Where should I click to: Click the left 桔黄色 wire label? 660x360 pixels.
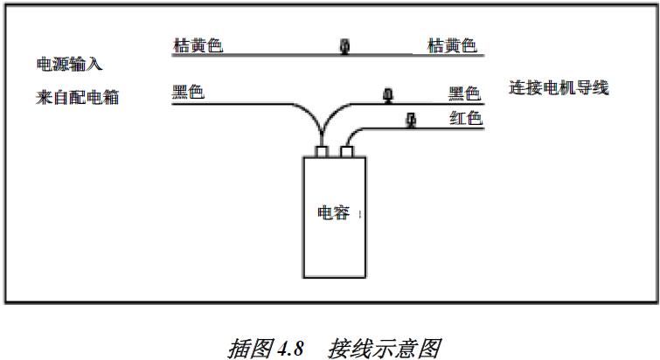(x=198, y=45)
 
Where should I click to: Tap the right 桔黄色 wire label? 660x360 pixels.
(x=453, y=45)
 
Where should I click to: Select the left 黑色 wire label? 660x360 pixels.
(x=188, y=91)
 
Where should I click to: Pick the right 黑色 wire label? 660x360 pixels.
(x=465, y=93)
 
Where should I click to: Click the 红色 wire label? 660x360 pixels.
(x=465, y=118)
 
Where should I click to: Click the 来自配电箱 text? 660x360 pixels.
(x=76, y=97)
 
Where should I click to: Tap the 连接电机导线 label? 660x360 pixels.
(x=559, y=87)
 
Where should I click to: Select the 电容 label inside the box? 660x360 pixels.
(x=333, y=212)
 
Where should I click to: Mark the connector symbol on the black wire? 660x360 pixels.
(x=386, y=94)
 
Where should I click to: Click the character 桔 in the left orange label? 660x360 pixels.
(x=181, y=45)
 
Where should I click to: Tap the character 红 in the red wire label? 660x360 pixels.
(x=456, y=118)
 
